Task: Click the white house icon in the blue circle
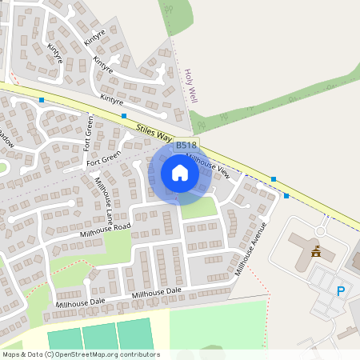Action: point(180,173)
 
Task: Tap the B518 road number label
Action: point(186,145)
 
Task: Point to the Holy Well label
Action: point(190,86)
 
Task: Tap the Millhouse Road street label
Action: point(105,230)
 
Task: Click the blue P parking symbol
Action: point(341,291)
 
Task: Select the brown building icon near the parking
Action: point(315,252)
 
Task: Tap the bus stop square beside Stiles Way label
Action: point(123,115)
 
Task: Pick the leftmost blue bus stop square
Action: point(42,100)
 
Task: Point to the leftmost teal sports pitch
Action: point(65,338)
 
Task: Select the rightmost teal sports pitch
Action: point(134,334)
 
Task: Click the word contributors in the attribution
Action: point(138,354)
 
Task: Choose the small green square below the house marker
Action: point(198,207)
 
